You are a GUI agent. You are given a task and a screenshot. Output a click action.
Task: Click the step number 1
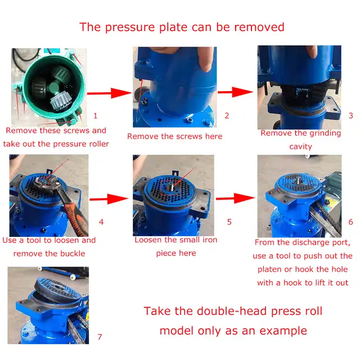tap(95, 116)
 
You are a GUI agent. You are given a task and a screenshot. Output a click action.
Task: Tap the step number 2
tap(227, 116)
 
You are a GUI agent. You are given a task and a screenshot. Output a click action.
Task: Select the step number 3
tap(350, 116)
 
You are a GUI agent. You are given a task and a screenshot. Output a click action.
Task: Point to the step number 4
tap(101, 222)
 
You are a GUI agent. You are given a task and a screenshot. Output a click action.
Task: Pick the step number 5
tap(229, 222)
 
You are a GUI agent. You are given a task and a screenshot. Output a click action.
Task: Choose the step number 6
tap(350, 222)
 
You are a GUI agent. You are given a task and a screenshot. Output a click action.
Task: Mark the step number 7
tap(100, 337)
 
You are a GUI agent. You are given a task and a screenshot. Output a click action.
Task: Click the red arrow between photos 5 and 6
tap(233, 197)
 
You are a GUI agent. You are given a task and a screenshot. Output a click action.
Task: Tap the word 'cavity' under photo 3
tap(300, 146)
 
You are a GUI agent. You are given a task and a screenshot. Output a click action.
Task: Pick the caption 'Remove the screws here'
tap(174, 136)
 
